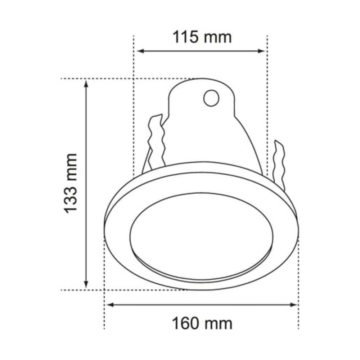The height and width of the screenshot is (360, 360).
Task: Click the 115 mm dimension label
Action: tap(202, 37)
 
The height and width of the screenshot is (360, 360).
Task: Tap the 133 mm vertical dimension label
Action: tap(71, 183)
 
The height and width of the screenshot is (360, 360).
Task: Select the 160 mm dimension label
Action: tap(202, 324)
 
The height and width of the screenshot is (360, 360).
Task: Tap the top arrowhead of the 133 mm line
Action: tap(86, 84)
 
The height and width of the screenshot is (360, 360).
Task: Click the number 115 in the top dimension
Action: tap(186, 37)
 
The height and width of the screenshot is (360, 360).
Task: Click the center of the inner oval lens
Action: tap(202, 236)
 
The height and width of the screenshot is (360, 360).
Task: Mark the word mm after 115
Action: tap(219, 37)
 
